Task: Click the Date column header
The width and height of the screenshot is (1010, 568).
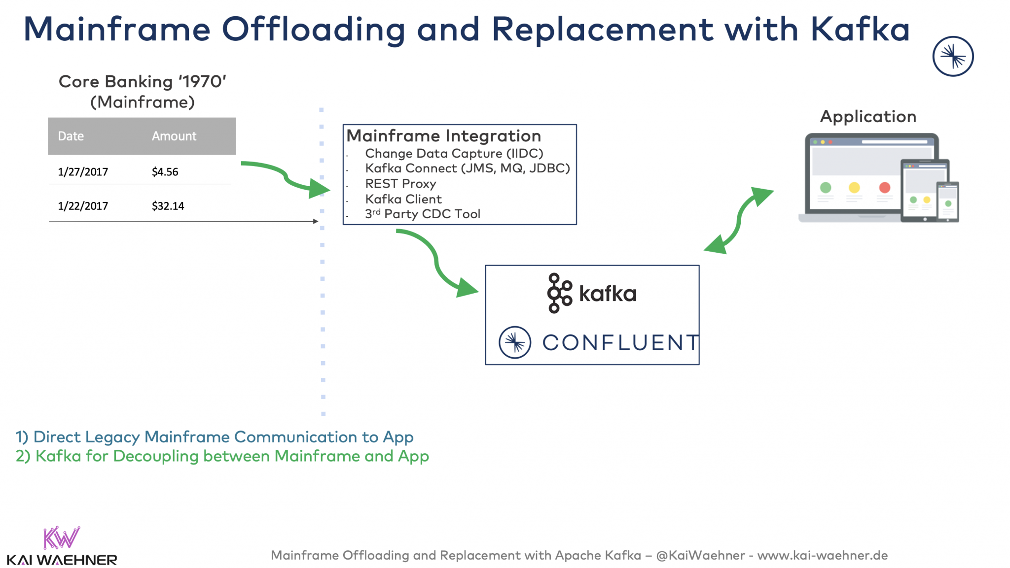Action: pyautogui.click(x=71, y=136)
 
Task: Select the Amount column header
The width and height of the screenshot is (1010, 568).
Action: pyautogui.click(x=174, y=136)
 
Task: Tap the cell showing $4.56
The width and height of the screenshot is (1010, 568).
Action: pyautogui.click(x=165, y=172)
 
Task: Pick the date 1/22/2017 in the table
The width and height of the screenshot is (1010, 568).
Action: pyautogui.click(x=83, y=206)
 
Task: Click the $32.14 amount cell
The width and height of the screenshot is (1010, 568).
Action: pyautogui.click(x=168, y=206)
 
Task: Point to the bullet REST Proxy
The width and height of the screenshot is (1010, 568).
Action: pyautogui.click(x=400, y=184)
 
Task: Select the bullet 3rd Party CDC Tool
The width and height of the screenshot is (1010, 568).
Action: pyautogui.click(x=422, y=214)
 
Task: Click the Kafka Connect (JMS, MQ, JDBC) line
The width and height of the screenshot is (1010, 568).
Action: pyautogui.click(x=467, y=168)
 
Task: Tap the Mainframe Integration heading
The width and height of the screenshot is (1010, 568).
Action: pyautogui.click(x=443, y=136)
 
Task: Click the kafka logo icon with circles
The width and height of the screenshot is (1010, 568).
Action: pyautogui.click(x=559, y=294)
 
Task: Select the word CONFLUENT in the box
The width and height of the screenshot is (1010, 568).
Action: pyautogui.click(x=620, y=343)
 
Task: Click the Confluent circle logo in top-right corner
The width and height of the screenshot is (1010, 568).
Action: pyautogui.click(x=952, y=56)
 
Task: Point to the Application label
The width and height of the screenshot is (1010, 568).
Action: pyautogui.click(x=868, y=117)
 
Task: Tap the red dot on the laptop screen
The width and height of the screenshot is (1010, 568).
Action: pyautogui.click(x=884, y=188)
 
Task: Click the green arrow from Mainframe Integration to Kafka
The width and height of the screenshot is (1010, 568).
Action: pyautogui.click(x=436, y=264)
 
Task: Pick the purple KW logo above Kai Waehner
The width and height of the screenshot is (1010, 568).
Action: pyautogui.click(x=61, y=537)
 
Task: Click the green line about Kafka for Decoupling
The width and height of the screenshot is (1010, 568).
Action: pyautogui.click(x=222, y=456)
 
